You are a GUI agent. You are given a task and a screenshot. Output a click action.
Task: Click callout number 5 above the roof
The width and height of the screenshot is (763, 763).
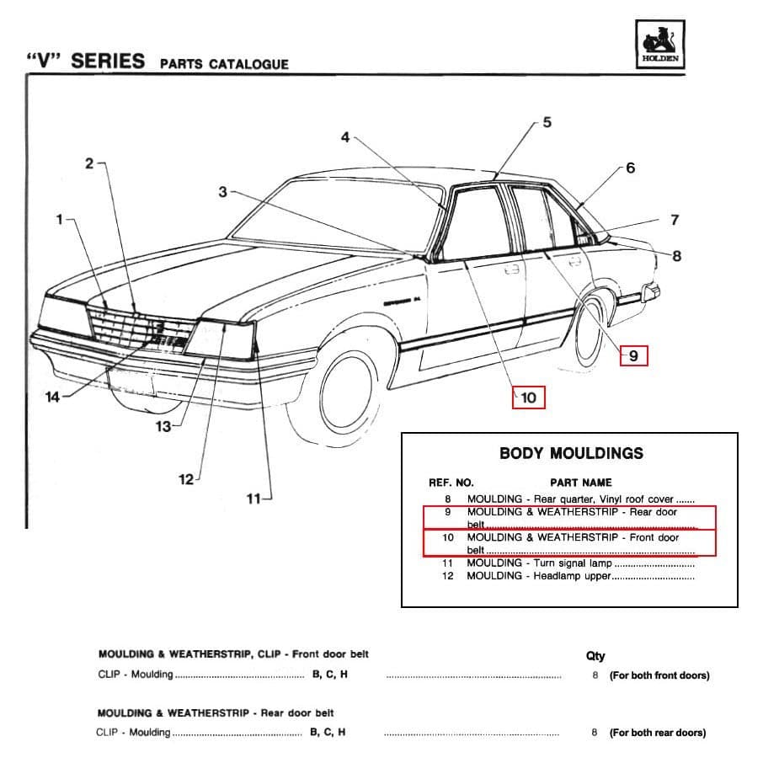547,123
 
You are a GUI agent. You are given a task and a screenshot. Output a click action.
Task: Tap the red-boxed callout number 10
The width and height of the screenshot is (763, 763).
528,398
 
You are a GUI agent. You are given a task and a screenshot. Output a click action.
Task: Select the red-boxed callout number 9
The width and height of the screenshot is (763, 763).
633,356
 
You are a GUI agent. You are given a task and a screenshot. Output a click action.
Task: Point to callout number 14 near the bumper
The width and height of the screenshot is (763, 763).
52,397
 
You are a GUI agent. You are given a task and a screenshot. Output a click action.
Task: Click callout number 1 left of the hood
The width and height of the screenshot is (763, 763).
60,220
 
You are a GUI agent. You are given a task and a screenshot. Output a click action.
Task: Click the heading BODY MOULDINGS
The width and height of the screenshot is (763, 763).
571,453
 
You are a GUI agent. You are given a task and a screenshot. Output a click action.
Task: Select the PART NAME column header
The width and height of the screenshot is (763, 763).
580,483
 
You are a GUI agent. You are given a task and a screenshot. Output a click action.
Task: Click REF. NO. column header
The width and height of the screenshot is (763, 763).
451,483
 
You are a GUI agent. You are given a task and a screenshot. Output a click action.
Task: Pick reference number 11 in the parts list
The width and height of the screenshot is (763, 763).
447,563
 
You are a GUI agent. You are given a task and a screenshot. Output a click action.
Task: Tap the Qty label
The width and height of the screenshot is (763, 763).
595,656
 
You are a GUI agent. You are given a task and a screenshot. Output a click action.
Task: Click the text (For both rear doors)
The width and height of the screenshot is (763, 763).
658,733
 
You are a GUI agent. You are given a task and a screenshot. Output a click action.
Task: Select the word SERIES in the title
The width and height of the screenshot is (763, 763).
108,61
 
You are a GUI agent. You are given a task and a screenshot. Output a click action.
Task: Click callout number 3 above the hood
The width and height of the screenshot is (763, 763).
222,192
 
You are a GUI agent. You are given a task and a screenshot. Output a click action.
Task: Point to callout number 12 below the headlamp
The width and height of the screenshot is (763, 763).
186,479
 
